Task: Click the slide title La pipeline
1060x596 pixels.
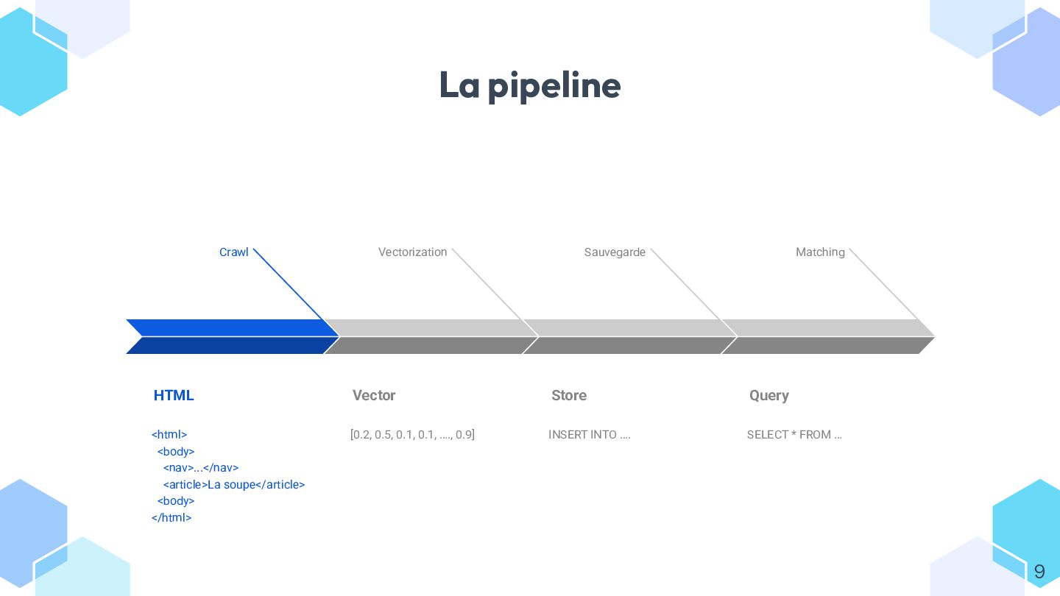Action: pos(529,85)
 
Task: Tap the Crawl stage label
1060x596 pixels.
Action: pos(233,252)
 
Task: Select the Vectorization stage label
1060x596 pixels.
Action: pos(412,252)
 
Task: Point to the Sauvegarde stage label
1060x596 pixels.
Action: pos(615,252)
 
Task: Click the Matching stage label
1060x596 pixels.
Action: pos(820,252)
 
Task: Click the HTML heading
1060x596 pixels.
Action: pos(174,395)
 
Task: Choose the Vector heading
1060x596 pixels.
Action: pos(374,395)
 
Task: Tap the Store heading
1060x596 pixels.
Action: pos(569,395)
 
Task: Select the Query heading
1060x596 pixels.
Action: pos(769,395)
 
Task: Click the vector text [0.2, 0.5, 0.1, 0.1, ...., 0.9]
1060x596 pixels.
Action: pos(412,435)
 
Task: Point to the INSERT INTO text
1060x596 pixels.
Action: pos(589,435)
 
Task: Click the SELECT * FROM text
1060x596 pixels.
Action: pos(794,435)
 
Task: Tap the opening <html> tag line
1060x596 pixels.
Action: pos(169,435)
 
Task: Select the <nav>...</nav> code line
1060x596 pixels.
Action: pos(201,468)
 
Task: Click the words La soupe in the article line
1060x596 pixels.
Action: pos(231,485)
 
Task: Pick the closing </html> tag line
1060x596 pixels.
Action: pos(172,518)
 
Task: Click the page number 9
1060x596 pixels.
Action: pos(1039,572)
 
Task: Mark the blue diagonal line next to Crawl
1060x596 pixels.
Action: pos(289,285)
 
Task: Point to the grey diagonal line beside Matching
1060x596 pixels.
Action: pos(884,285)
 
